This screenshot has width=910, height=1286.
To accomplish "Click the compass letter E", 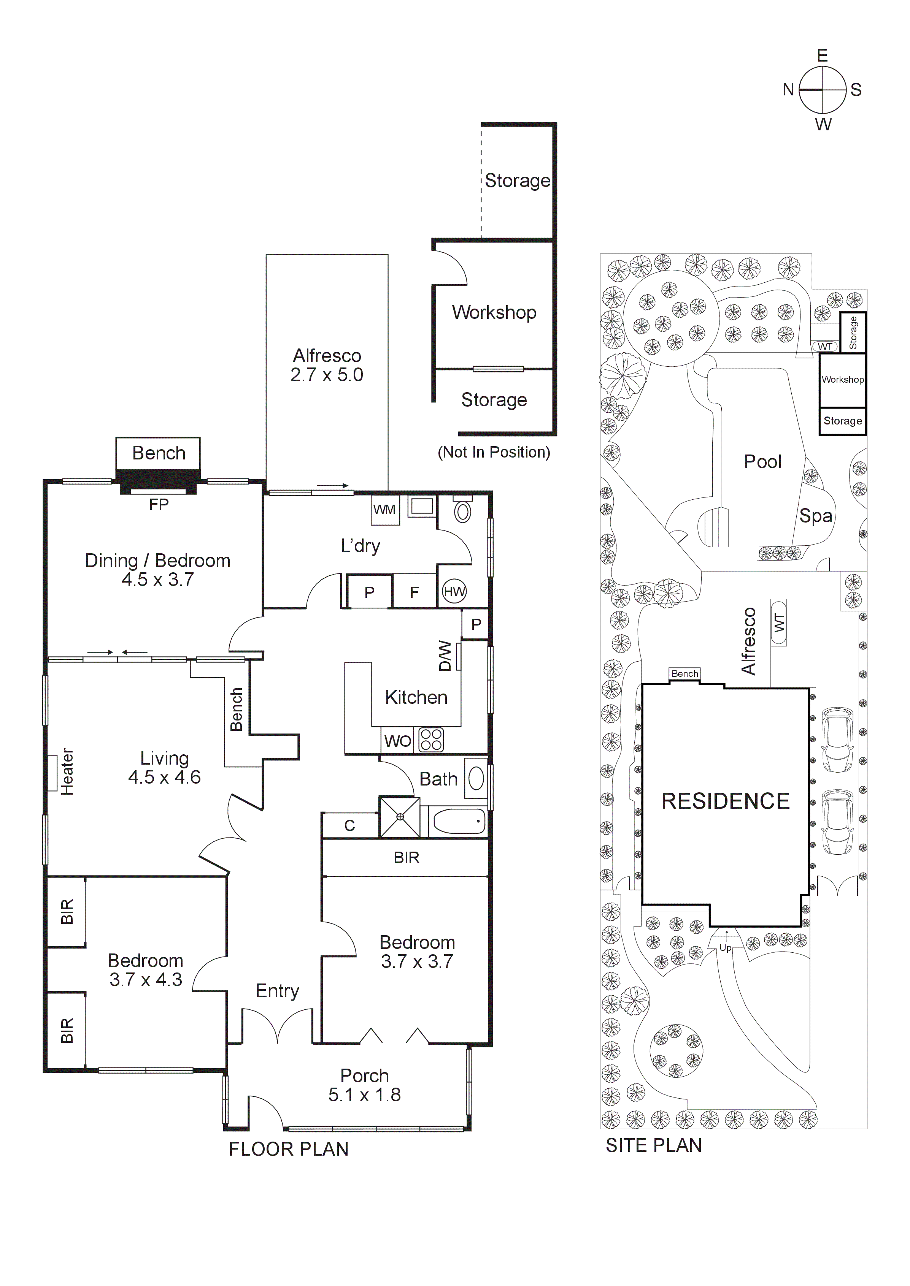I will [x=822, y=55].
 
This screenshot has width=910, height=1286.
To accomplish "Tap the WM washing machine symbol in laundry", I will [x=384, y=509].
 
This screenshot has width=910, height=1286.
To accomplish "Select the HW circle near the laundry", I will [x=454, y=591].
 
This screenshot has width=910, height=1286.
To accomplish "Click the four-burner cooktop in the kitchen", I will [x=431, y=740].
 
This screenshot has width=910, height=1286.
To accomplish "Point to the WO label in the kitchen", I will [x=397, y=741].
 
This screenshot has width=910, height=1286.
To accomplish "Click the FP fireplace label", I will [x=159, y=505].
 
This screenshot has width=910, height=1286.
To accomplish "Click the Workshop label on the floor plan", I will [x=494, y=312].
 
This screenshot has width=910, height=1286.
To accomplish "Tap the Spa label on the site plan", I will [x=815, y=515].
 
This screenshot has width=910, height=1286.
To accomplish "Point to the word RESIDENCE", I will [x=725, y=801].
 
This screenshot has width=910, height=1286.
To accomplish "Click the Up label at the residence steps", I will [x=725, y=948].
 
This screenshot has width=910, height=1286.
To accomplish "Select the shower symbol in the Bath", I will [x=400, y=817].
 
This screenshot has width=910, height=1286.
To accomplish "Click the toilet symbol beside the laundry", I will [x=462, y=510].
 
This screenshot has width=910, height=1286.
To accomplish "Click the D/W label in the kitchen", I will [x=445, y=656].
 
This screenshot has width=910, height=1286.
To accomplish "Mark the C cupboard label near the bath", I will [x=349, y=825].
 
